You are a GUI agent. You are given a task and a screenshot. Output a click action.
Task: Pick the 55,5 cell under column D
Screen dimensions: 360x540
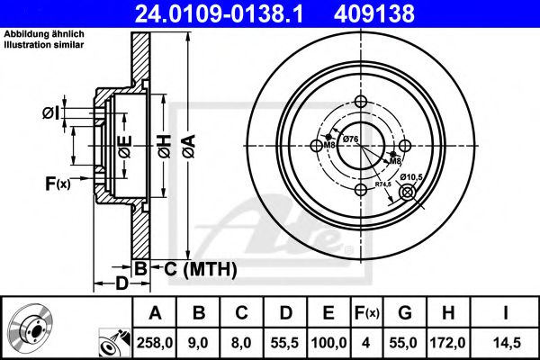tap(286, 341)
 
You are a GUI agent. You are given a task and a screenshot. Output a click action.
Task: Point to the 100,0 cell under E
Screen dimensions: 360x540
tap(328, 341)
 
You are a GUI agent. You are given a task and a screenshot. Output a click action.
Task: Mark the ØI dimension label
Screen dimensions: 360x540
tap(50, 112)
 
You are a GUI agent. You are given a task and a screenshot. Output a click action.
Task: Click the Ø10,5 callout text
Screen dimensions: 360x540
tap(411, 176)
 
